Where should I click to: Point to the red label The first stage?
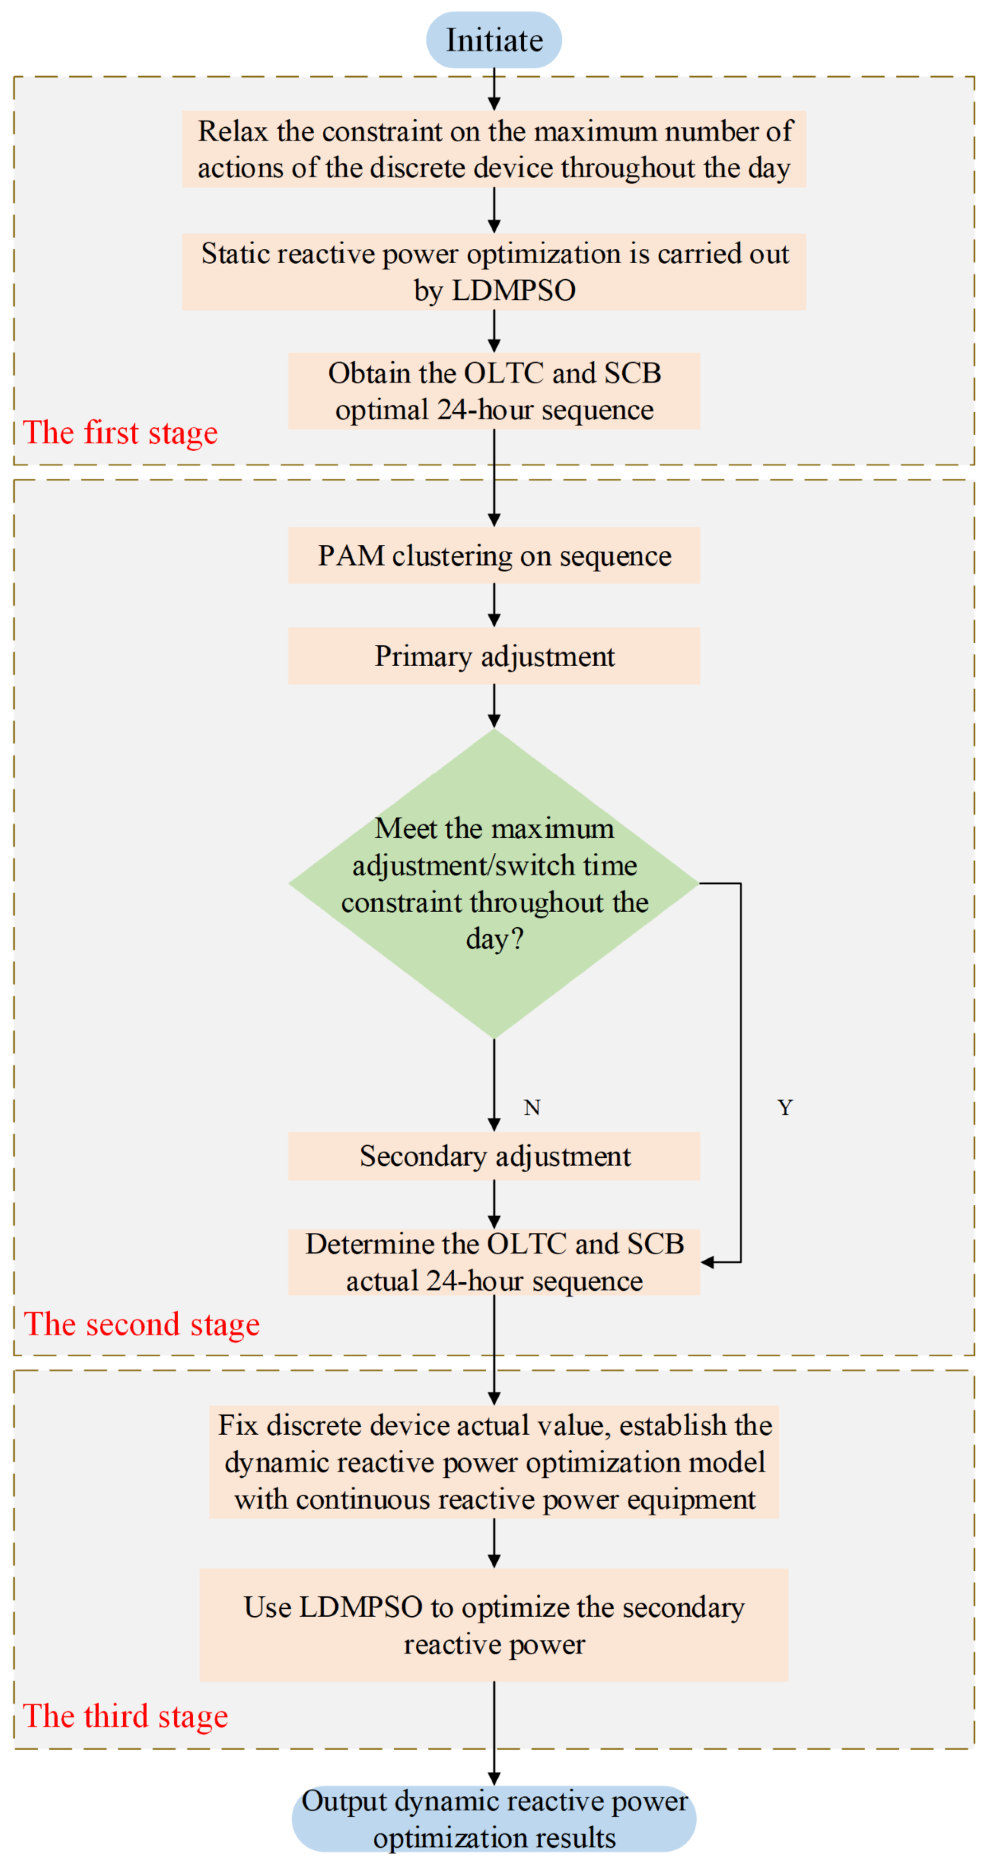(x=120, y=433)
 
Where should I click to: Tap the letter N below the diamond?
(x=532, y=1108)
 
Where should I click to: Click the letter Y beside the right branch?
(x=785, y=1108)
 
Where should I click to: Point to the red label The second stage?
(x=142, y=1324)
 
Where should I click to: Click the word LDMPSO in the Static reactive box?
(x=514, y=290)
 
